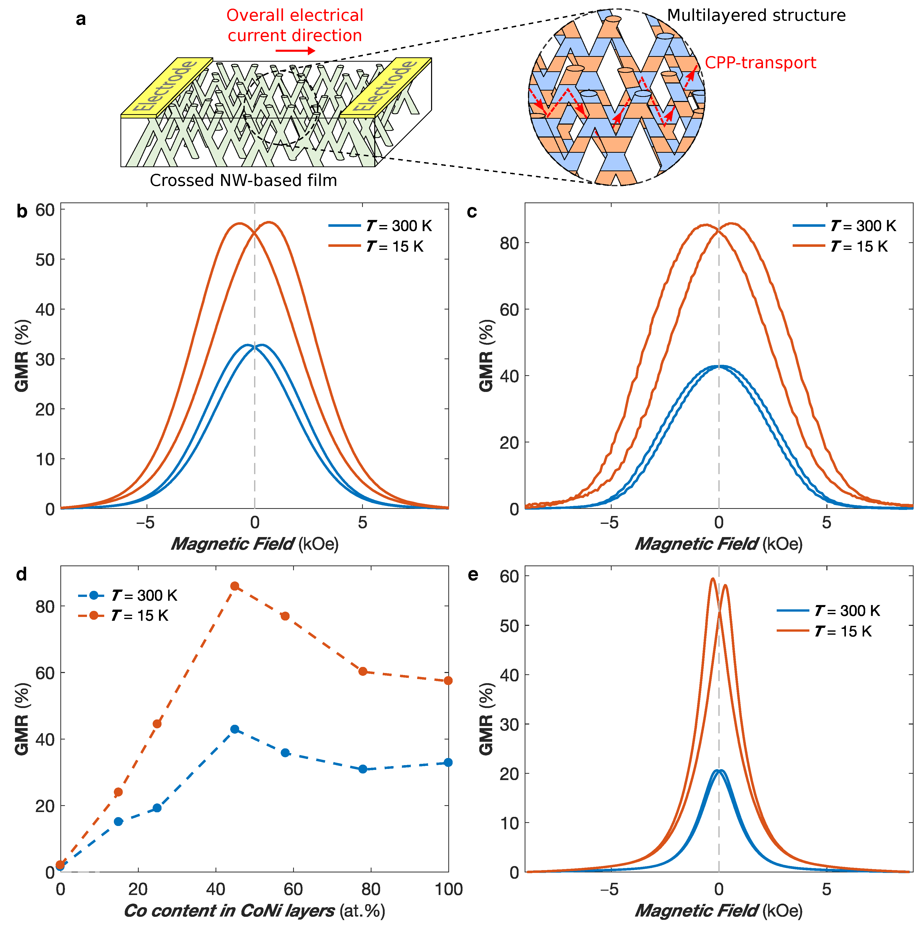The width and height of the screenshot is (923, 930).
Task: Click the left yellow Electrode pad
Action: (166, 87)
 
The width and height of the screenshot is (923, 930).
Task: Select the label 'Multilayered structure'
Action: (756, 15)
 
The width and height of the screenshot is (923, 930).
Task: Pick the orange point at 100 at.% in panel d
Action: (448, 680)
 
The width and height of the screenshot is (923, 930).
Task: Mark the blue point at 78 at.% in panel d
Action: (363, 769)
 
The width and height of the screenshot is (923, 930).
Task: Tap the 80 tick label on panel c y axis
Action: (509, 243)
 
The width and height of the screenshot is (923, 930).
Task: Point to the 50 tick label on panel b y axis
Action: (45, 260)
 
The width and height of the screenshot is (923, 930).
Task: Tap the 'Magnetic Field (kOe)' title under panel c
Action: (718, 544)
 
